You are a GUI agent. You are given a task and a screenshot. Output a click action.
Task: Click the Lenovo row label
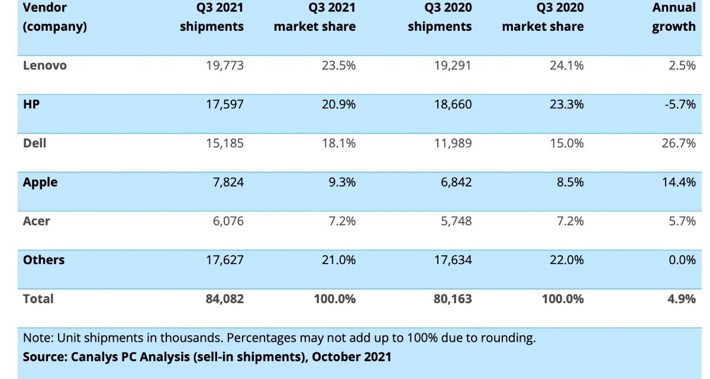point(45,66)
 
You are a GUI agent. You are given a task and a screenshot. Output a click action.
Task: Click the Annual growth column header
point(674,17)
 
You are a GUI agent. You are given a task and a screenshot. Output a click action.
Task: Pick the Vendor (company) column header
point(55,17)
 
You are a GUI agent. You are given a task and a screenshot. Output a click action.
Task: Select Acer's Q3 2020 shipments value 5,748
point(453,221)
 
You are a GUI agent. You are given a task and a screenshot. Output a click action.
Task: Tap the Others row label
point(44,260)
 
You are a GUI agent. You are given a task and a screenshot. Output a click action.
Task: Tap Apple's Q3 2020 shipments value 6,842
point(453,182)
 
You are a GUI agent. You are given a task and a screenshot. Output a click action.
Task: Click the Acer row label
point(37,221)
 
